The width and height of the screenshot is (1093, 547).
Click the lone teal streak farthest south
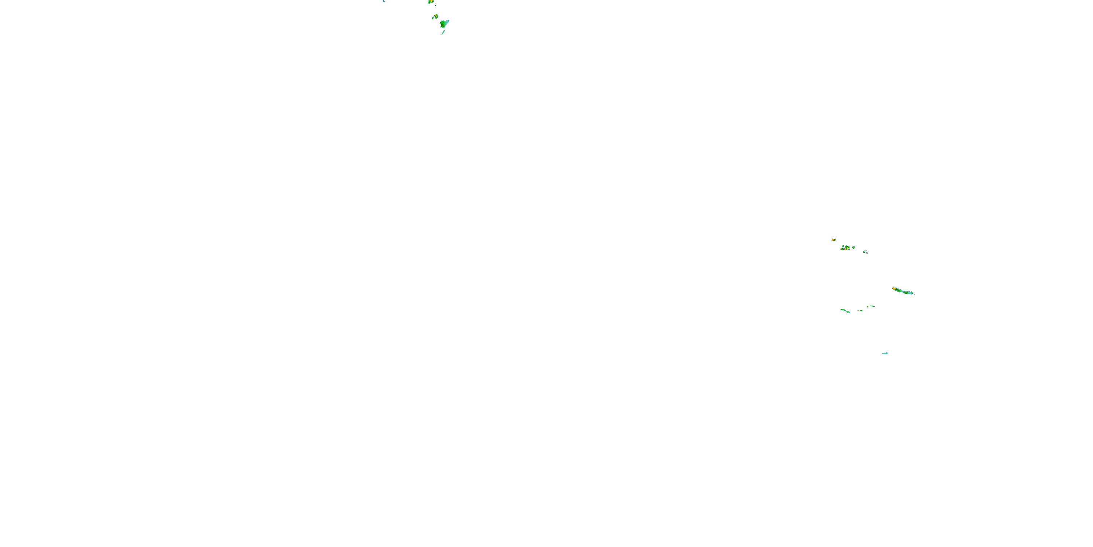tap(885, 353)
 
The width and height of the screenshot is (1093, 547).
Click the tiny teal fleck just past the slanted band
tap(914, 294)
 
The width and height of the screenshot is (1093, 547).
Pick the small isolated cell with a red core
tap(833, 240)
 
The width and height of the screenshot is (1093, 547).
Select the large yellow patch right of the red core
tap(848, 248)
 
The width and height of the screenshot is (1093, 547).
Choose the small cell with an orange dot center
tap(853, 247)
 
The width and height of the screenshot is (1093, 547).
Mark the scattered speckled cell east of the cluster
tap(865, 252)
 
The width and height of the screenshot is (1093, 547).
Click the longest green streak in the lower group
tap(845, 311)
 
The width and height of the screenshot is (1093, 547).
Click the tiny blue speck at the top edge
tap(384, 1)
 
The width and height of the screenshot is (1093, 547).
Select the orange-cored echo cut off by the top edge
tap(431, 2)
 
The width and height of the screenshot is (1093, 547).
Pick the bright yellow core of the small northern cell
tap(436, 16)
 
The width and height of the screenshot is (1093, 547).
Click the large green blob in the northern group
tap(443, 24)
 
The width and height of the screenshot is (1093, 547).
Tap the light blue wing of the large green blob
tap(447, 21)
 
